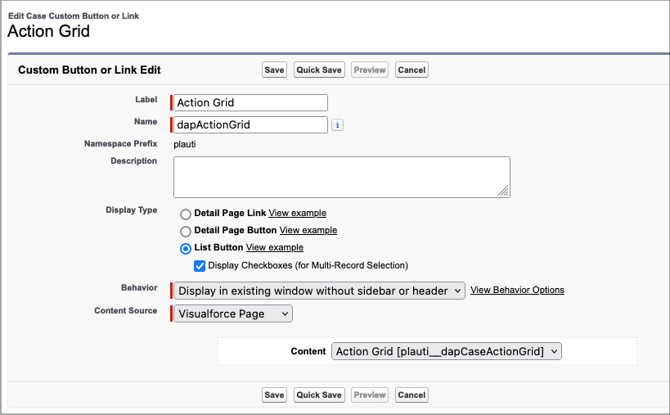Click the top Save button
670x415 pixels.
click(x=274, y=70)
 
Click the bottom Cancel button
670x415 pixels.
click(x=411, y=395)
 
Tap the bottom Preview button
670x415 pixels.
click(x=370, y=395)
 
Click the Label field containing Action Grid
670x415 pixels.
click(x=250, y=102)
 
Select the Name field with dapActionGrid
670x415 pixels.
click(x=250, y=124)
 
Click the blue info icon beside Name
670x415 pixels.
click(x=337, y=124)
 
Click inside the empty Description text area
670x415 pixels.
click(x=341, y=177)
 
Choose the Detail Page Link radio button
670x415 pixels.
click(x=186, y=214)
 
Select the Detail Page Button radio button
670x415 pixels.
click(x=186, y=231)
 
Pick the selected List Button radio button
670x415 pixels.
click(x=186, y=248)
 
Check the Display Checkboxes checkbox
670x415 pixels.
click(x=200, y=266)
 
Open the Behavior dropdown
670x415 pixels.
click(x=319, y=291)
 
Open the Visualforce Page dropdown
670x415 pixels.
click(x=233, y=314)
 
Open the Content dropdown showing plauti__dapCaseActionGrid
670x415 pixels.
click(x=447, y=351)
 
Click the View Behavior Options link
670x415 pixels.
click(x=517, y=290)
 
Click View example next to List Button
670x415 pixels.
click(x=275, y=247)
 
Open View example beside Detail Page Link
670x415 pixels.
click(x=298, y=213)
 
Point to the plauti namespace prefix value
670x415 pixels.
click(x=185, y=144)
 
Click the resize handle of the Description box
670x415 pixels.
click(x=503, y=191)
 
